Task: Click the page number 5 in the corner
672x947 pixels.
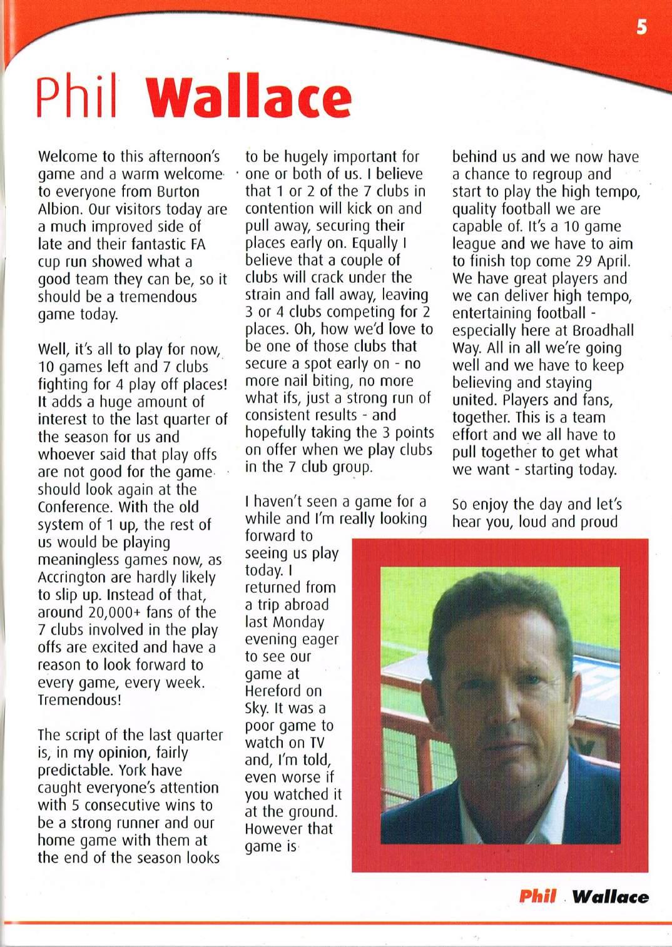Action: (x=641, y=28)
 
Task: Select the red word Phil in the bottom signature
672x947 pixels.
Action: (x=537, y=896)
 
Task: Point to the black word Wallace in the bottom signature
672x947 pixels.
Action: (x=610, y=896)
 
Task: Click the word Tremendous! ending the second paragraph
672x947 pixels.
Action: (x=79, y=699)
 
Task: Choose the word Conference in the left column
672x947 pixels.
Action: (x=74, y=507)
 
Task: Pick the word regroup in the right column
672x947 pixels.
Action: (x=552, y=174)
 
